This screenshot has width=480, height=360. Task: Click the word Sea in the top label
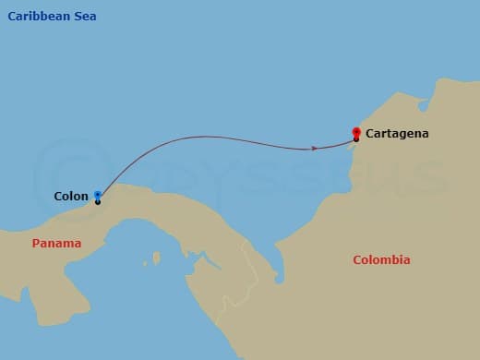pos(84,17)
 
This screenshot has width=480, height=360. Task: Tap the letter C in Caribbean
pos(12,17)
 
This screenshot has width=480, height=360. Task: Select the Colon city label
pos(71,196)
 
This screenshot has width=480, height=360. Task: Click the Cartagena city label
pos(397,134)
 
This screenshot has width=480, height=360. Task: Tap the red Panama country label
pos(56,244)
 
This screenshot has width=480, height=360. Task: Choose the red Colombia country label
pos(381,260)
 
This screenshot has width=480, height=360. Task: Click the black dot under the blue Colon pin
pos(97,201)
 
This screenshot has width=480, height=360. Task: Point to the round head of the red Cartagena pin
pos(356,130)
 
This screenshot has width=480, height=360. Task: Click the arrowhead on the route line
pos(316,148)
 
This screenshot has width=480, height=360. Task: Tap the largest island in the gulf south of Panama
pos(157,258)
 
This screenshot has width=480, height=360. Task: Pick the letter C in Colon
pos(58,196)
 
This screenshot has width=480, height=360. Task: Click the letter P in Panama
pos(36,244)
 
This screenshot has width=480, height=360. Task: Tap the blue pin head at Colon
pos(97,194)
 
